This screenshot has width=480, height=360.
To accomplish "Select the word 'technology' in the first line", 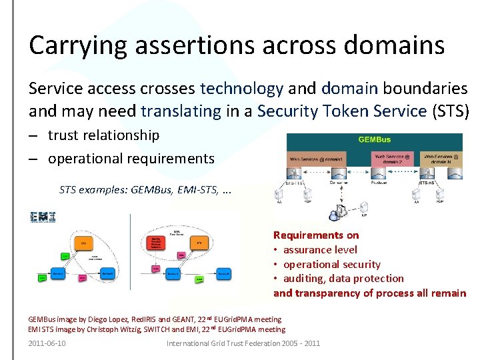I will tap(241, 89).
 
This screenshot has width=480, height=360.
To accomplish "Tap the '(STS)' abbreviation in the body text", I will tap(451, 110).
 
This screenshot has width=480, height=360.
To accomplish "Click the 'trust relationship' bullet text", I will tap(103, 135).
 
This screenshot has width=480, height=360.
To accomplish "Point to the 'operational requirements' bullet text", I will tap(131, 159).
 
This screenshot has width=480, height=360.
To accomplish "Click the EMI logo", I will tap(43, 217).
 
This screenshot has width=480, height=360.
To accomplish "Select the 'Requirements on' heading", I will tap(316, 235).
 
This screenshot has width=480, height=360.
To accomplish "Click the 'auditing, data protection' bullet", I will tap(343, 279).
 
